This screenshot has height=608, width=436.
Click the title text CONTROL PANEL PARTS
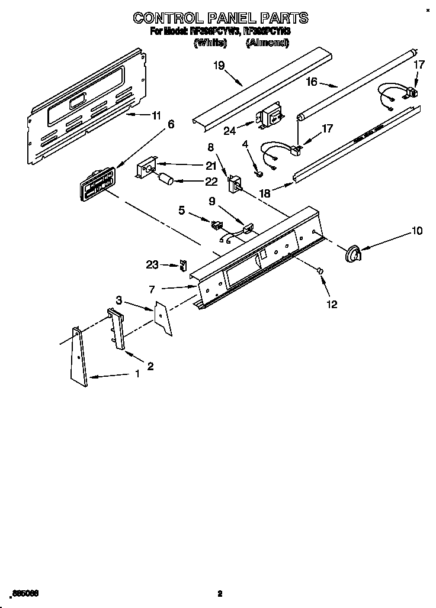point(220,18)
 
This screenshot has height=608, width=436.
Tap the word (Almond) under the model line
point(267,43)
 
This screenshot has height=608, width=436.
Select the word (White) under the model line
point(210,43)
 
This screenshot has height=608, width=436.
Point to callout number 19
point(219,66)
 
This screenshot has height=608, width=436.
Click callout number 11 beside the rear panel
point(156,117)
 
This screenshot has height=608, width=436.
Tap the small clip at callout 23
point(183,265)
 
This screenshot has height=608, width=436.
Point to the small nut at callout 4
point(259,173)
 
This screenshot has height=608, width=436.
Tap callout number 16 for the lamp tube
point(312,82)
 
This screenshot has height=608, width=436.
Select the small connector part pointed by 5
point(216,224)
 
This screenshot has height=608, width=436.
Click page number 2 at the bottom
point(219,593)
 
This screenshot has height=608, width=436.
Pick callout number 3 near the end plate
point(119,301)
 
